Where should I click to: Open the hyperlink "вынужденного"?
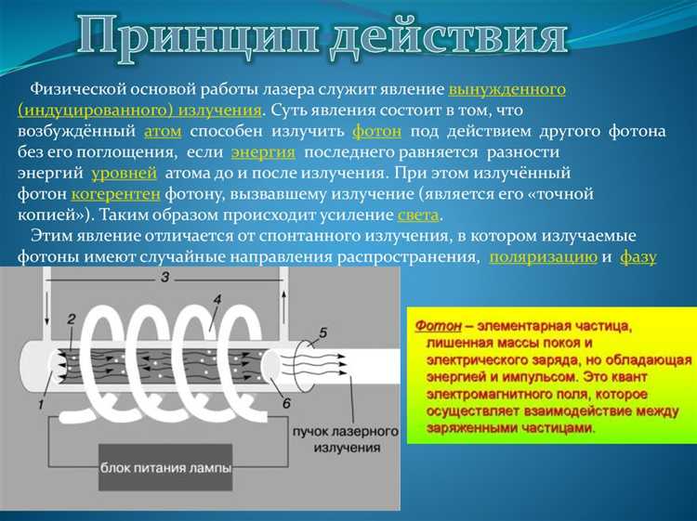tap(507, 90)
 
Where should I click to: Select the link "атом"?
tap(163, 131)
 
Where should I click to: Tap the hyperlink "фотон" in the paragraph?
tap(376, 131)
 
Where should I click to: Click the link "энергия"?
tap(263, 151)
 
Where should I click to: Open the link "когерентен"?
tap(116, 194)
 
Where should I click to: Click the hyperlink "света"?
tap(418, 215)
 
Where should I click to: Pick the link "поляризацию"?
tap(543, 257)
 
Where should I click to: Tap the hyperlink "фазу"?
tap(638, 257)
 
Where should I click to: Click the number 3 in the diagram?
tap(164, 278)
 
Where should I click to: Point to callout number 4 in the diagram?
tap(217, 300)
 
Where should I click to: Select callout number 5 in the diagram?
tap(322, 332)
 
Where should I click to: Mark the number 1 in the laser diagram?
tap(41, 406)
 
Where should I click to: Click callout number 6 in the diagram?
tap(285, 403)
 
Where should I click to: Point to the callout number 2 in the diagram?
tap(71, 319)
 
